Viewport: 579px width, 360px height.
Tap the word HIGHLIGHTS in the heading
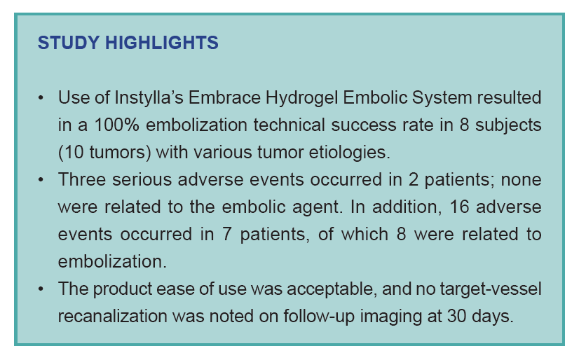[x=162, y=43]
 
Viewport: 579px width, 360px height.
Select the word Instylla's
[x=149, y=98]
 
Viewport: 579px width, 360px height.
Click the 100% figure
[x=116, y=125]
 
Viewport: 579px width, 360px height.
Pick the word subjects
[x=508, y=125]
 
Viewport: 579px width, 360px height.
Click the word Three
[x=82, y=179]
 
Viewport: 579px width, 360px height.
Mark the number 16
[x=459, y=207]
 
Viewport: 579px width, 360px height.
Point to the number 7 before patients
[x=227, y=235]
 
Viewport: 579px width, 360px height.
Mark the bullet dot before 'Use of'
[x=41, y=99]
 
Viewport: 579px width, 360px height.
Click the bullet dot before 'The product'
[x=41, y=289]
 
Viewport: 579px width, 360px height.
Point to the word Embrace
[x=224, y=98]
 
